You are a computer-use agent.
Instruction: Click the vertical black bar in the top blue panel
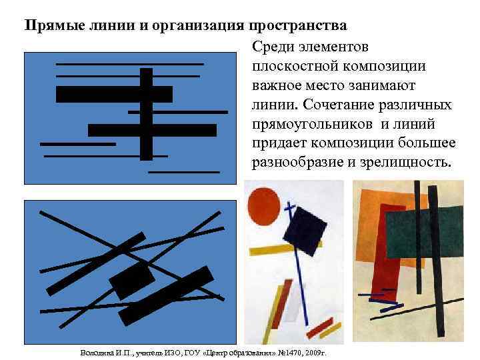[x=147, y=113]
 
